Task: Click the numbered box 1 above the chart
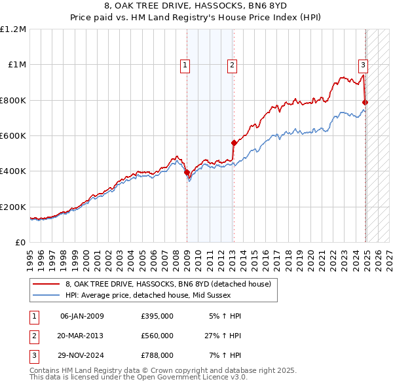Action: (x=185, y=64)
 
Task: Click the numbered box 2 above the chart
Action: (x=233, y=64)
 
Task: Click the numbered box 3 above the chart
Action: (x=363, y=64)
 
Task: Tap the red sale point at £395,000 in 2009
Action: (x=187, y=173)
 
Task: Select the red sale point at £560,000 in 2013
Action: (x=234, y=143)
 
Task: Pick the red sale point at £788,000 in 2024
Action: (x=365, y=103)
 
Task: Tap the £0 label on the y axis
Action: (x=20, y=243)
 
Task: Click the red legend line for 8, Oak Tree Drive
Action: (x=47, y=284)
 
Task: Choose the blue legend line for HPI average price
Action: (x=47, y=295)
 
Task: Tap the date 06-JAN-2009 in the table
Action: (x=82, y=317)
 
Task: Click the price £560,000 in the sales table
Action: (x=157, y=336)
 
